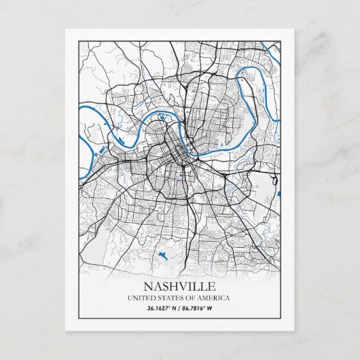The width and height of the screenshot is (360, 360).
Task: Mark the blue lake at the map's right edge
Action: pos(278,195)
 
